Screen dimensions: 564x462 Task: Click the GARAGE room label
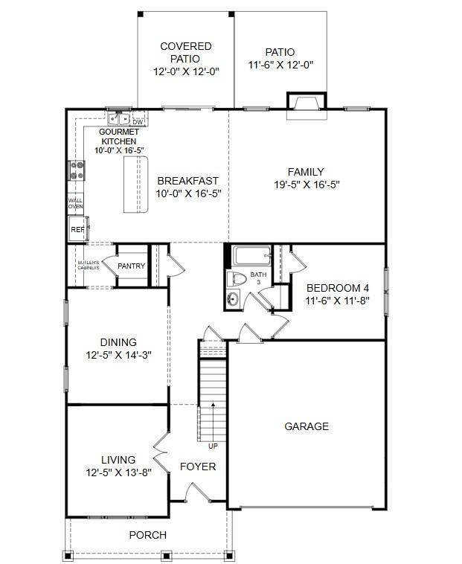tap(307, 426)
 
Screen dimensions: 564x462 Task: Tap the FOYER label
tap(198, 467)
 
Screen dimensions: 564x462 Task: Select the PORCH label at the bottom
tap(147, 535)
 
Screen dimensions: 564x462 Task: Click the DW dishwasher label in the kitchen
tap(138, 122)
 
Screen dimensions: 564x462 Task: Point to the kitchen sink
tap(119, 119)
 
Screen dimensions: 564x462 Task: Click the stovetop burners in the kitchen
tap(77, 171)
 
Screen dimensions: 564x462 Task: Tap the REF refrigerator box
tap(77, 230)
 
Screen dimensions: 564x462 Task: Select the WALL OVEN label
tap(76, 204)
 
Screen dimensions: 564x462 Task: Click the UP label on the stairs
tap(213, 446)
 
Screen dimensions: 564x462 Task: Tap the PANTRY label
tap(131, 266)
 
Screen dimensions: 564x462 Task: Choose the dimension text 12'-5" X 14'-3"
tap(118, 355)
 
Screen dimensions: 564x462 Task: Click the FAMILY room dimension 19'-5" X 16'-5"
tap(307, 185)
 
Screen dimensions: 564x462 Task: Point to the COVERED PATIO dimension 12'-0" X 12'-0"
tap(186, 72)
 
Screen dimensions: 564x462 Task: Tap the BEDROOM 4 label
tap(338, 288)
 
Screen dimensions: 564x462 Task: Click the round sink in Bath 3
tap(234, 300)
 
